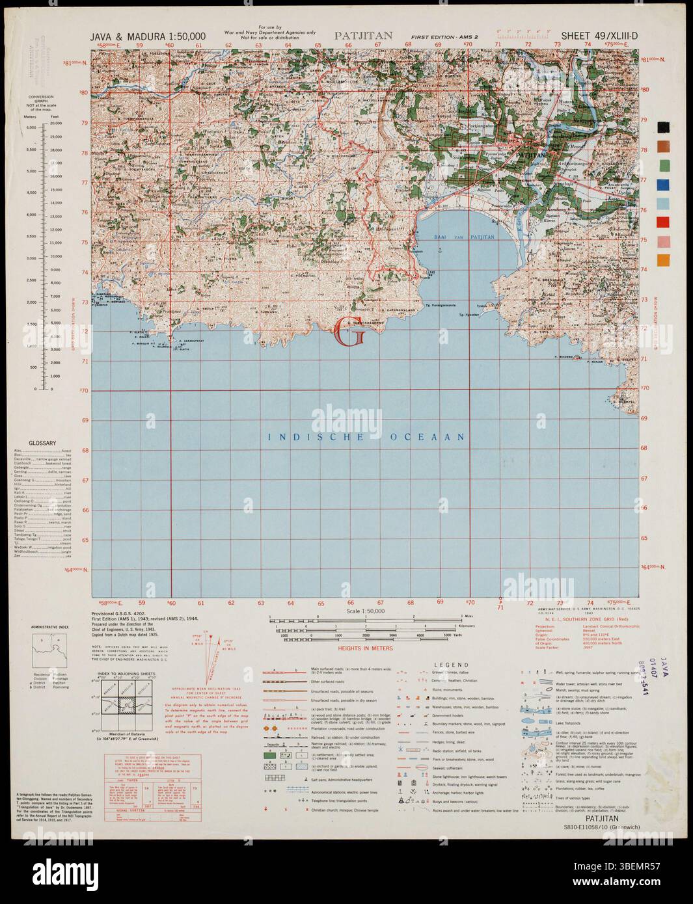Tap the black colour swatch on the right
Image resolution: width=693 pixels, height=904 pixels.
663,127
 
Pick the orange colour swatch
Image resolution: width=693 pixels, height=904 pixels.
663,260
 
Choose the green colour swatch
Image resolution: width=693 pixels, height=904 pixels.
663,165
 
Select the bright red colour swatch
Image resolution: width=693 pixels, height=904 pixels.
663,222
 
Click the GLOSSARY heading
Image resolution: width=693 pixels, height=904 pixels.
42,443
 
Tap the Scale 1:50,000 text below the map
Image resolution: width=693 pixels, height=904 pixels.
366,611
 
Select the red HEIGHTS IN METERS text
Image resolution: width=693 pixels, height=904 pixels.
366,648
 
